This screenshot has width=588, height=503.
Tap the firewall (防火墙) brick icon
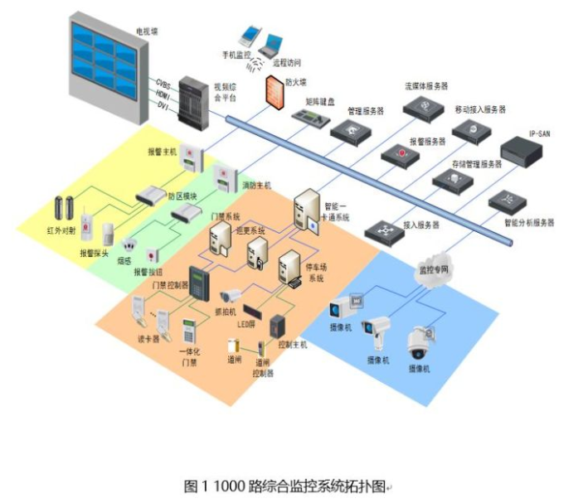click(275, 91)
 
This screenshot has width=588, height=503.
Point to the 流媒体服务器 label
click(426, 86)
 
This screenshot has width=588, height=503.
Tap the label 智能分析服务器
click(528, 223)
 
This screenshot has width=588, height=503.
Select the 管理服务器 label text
click(364, 109)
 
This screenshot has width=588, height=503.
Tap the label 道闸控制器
click(265, 368)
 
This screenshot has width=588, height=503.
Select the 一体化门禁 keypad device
click(190, 334)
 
